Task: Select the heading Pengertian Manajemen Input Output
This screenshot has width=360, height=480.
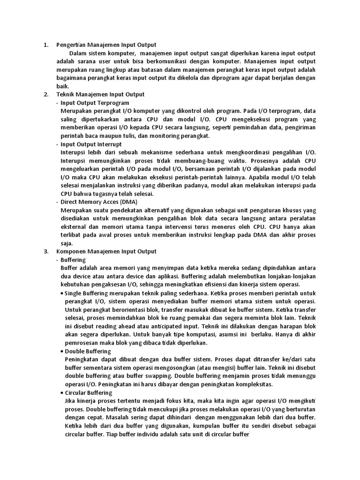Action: click(106, 45)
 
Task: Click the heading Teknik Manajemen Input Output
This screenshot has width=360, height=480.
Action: click(100, 94)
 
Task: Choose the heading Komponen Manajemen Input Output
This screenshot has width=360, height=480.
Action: click(106, 251)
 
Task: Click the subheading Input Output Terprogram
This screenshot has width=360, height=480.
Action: click(95, 103)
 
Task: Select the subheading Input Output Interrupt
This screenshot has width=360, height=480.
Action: click(91, 144)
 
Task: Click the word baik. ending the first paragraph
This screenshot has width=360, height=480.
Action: click(62, 86)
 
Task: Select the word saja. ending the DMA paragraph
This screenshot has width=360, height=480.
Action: click(67, 243)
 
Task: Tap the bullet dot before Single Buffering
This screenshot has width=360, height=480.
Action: click(62, 293)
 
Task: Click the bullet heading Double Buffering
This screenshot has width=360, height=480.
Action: click(88, 351)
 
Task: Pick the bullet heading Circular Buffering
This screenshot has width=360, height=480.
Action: click(89, 392)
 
